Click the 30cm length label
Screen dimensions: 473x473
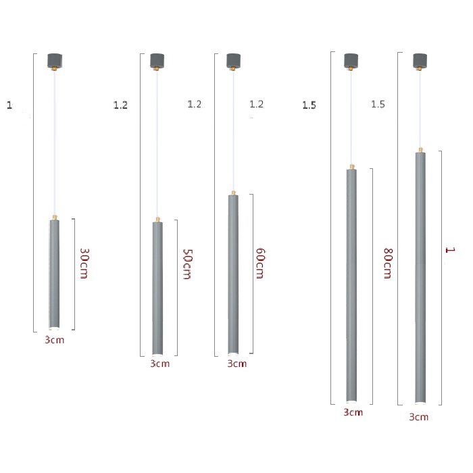pyautogui.click(x=84, y=264)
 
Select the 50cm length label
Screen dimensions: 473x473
pyautogui.click(x=187, y=264)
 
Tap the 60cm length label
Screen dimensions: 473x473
pyautogui.click(x=260, y=264)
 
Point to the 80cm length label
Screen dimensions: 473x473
pyautogui.click(x=388, y=264)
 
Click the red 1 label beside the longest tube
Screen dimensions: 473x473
pyautogui.click(x=450, y=250)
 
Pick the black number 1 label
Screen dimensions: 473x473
pyautogui.click(x=9, y=105)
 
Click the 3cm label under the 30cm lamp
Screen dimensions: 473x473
pyautogui.click(x=55, y=340)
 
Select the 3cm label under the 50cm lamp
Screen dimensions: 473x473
pyautogui.click(x=160, y=364)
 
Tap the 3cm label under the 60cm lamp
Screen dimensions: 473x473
pyautogui.click(x=236, y=364)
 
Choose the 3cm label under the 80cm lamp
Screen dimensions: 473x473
pyautogui.click(x=353, y=412)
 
